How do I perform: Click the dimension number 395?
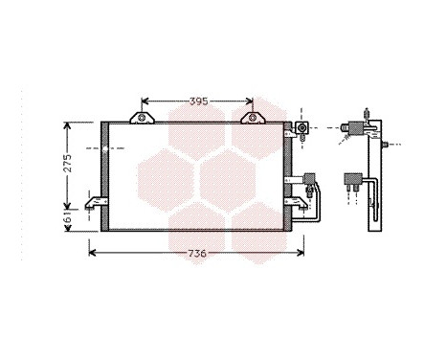[197, 101]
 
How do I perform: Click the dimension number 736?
[196, 253]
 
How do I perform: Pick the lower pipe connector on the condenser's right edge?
[309, 177]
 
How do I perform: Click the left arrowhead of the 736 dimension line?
[92, 253]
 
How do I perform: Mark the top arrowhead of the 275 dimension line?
[65, 125]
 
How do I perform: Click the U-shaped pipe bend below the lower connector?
[317, 206]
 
